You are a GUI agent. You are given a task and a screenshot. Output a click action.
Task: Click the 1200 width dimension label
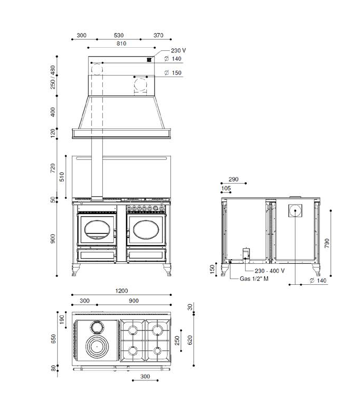pyautogui.click(x=122, y=291)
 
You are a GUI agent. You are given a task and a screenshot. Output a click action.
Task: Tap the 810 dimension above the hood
pyautogui.click(x=121, y=44)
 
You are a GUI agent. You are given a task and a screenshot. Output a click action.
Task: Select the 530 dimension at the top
pyautogui.click(x=119, y=35)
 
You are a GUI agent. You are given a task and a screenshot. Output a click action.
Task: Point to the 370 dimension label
pyautogui.click(x=158, y=35)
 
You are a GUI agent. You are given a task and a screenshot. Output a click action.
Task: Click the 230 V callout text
pyautogui.click(x=178, y=50)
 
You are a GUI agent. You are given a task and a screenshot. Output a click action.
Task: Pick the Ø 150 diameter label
pyautogui.click(x=173, y=73)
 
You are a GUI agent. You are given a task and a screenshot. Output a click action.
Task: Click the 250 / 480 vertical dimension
pyautogui.click(x=53, y=77)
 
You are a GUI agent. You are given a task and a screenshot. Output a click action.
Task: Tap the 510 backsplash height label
pyautogui.click(x=62, y=177)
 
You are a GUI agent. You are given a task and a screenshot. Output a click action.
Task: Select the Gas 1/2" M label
pyautogui.click(x=254, y=279)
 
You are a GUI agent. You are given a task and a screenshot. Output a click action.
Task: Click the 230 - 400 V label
pyautogui.click(x=269, y=271)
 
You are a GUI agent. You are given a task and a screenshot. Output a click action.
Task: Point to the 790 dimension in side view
pyautogui.click(x=327, y=243)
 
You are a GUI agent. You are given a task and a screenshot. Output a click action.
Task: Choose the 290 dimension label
pyautogui.click(x=234, y=179)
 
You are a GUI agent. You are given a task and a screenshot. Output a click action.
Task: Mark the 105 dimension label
pyautogui.click(x=226, y=188)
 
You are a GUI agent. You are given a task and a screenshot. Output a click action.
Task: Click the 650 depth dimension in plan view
pyautogui.click(x=53, y=339)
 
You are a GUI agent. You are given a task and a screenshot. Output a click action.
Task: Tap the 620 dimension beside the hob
pyautogui.click(x=190, y=340)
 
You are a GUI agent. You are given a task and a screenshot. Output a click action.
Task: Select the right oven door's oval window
pyautogui.click(x=146, y=230)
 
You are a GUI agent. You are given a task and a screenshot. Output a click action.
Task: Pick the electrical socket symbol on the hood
pyautogui.click(x=149, y=60)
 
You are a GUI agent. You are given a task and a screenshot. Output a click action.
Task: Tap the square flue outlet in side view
pyautogui.click(x=295, y=210)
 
